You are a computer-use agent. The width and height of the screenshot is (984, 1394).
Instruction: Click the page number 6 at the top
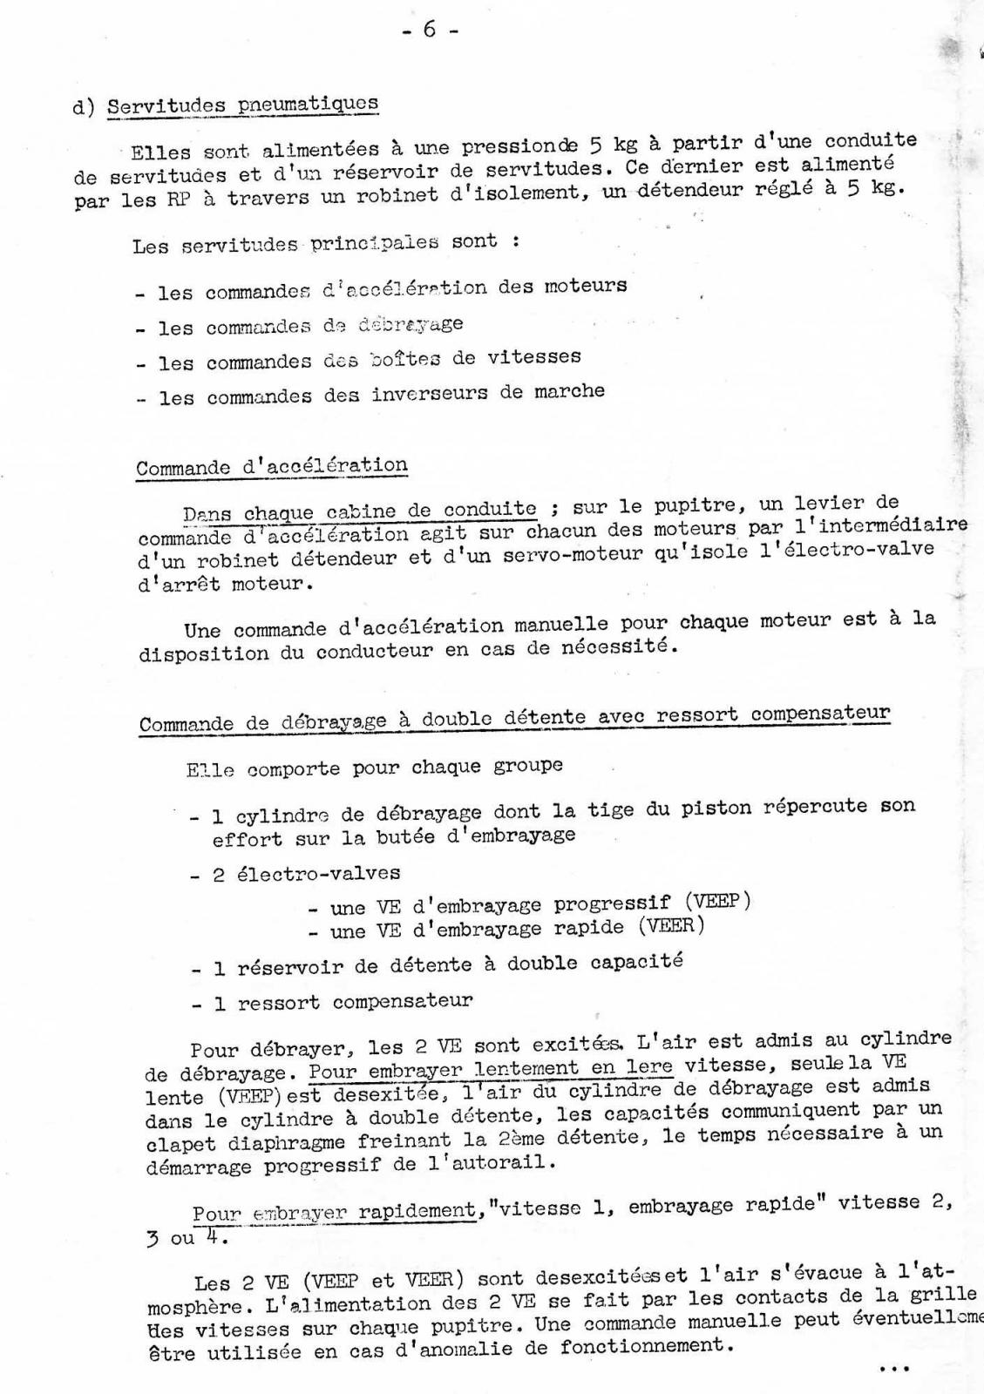pos(430,30)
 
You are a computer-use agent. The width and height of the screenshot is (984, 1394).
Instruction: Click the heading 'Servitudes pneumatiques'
pos(242,105)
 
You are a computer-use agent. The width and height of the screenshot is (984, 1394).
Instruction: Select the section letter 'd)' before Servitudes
pos(84,108)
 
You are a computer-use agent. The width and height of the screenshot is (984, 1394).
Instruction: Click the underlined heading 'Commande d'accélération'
pos(271,466)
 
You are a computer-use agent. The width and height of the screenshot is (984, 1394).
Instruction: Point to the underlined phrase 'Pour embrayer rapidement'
pos(335,1211)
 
